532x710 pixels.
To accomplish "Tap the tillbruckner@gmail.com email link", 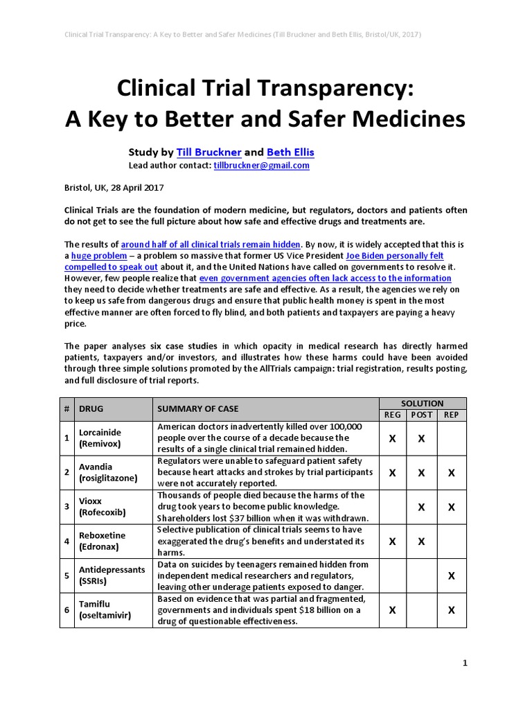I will pos(262,166).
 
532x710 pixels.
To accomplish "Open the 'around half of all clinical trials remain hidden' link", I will pos(211,244).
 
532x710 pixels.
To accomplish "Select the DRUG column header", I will pos(91,409).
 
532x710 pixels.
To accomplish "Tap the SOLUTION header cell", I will pos(422,403).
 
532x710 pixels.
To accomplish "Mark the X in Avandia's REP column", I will pos(452,473).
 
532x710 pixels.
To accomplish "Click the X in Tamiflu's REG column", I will pos(393,610).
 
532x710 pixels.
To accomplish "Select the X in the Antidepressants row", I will pos(452,575).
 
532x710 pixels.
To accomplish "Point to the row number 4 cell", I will pos(66,541).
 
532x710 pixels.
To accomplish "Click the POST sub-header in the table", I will pos(422,415).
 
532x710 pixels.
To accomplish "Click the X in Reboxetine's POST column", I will pos(422,541).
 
